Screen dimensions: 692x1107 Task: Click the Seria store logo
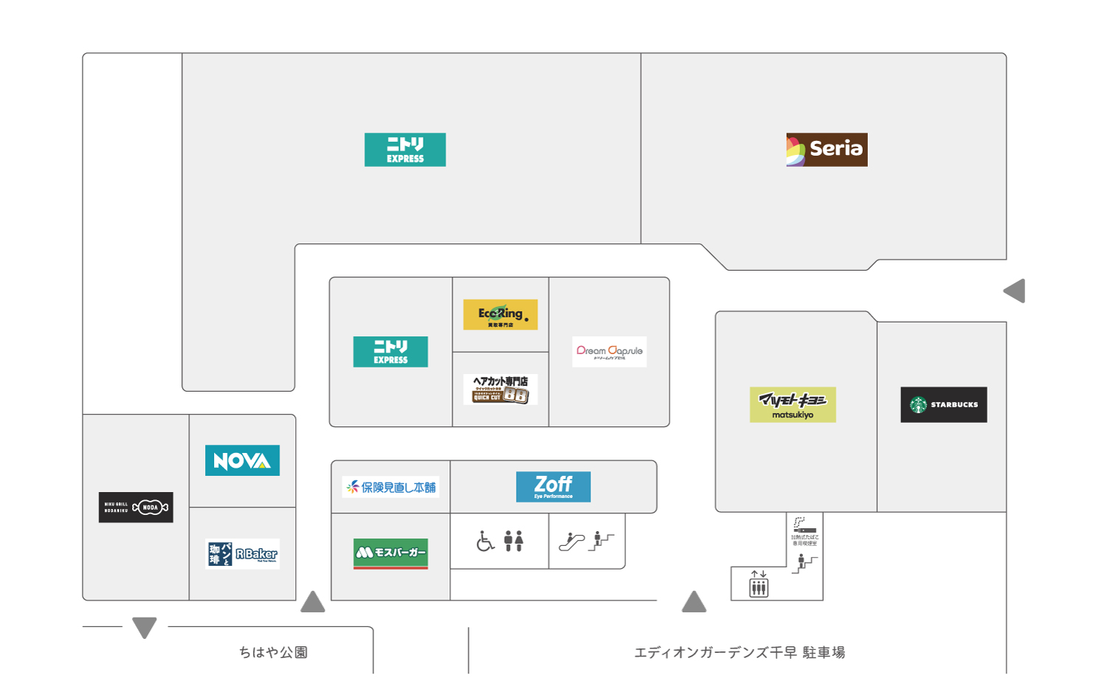827,149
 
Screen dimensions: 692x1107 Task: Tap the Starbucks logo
943,404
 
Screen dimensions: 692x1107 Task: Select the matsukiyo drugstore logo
793,404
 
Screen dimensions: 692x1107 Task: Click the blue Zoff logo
553,486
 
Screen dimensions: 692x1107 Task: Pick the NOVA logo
242,460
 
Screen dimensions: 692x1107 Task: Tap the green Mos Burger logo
390,553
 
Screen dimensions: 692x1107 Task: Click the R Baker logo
242,554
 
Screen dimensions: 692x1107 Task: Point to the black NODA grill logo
136,507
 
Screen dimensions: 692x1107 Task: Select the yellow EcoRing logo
500,315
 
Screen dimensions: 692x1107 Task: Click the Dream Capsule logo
609,352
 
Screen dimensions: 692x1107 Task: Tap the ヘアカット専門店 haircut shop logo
500,389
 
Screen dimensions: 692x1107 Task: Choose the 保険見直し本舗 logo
390,487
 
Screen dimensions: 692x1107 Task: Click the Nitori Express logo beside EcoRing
390,352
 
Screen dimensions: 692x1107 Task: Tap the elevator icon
759,587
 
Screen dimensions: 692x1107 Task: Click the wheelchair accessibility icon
485,542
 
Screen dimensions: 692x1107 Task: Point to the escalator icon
571,542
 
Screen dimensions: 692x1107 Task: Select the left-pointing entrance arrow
1015,291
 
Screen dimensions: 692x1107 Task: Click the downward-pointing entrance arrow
145,627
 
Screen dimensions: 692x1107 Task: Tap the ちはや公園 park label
273,652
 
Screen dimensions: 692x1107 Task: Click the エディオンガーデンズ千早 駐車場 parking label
739,652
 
